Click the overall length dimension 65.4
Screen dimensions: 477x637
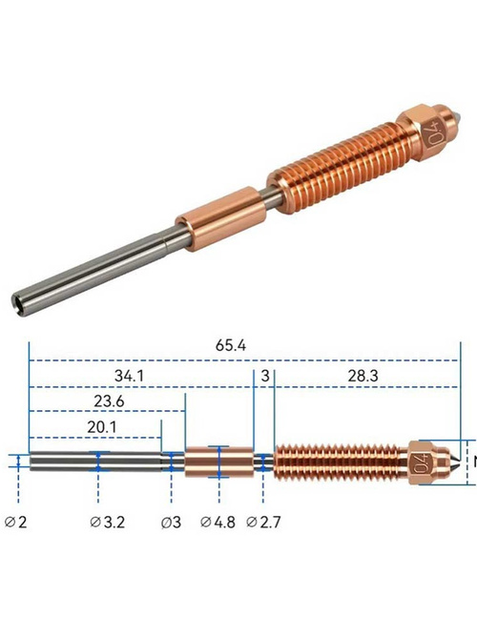pyautogui.click(x=230, y=346)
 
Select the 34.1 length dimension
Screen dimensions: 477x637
pyautogui.click(x=129, y=376)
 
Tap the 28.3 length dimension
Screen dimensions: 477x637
pyautogui.click(x=363, y=376)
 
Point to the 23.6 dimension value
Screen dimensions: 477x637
pyautogui.click(x=109, y=401)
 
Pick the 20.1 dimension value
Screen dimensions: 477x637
pyautogui.click(x=101, y=427)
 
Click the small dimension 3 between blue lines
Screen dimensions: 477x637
pyautogui.click(x=265, y=376)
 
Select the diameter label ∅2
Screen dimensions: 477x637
pyautogui.click(x=16, y=522)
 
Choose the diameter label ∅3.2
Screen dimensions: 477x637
pyautogui.click(x=107, y=522)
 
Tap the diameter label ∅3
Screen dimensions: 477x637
pyautogui.click(x=171, y=522)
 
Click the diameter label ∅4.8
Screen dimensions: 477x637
pyautogui.click(x=218, y=522)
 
